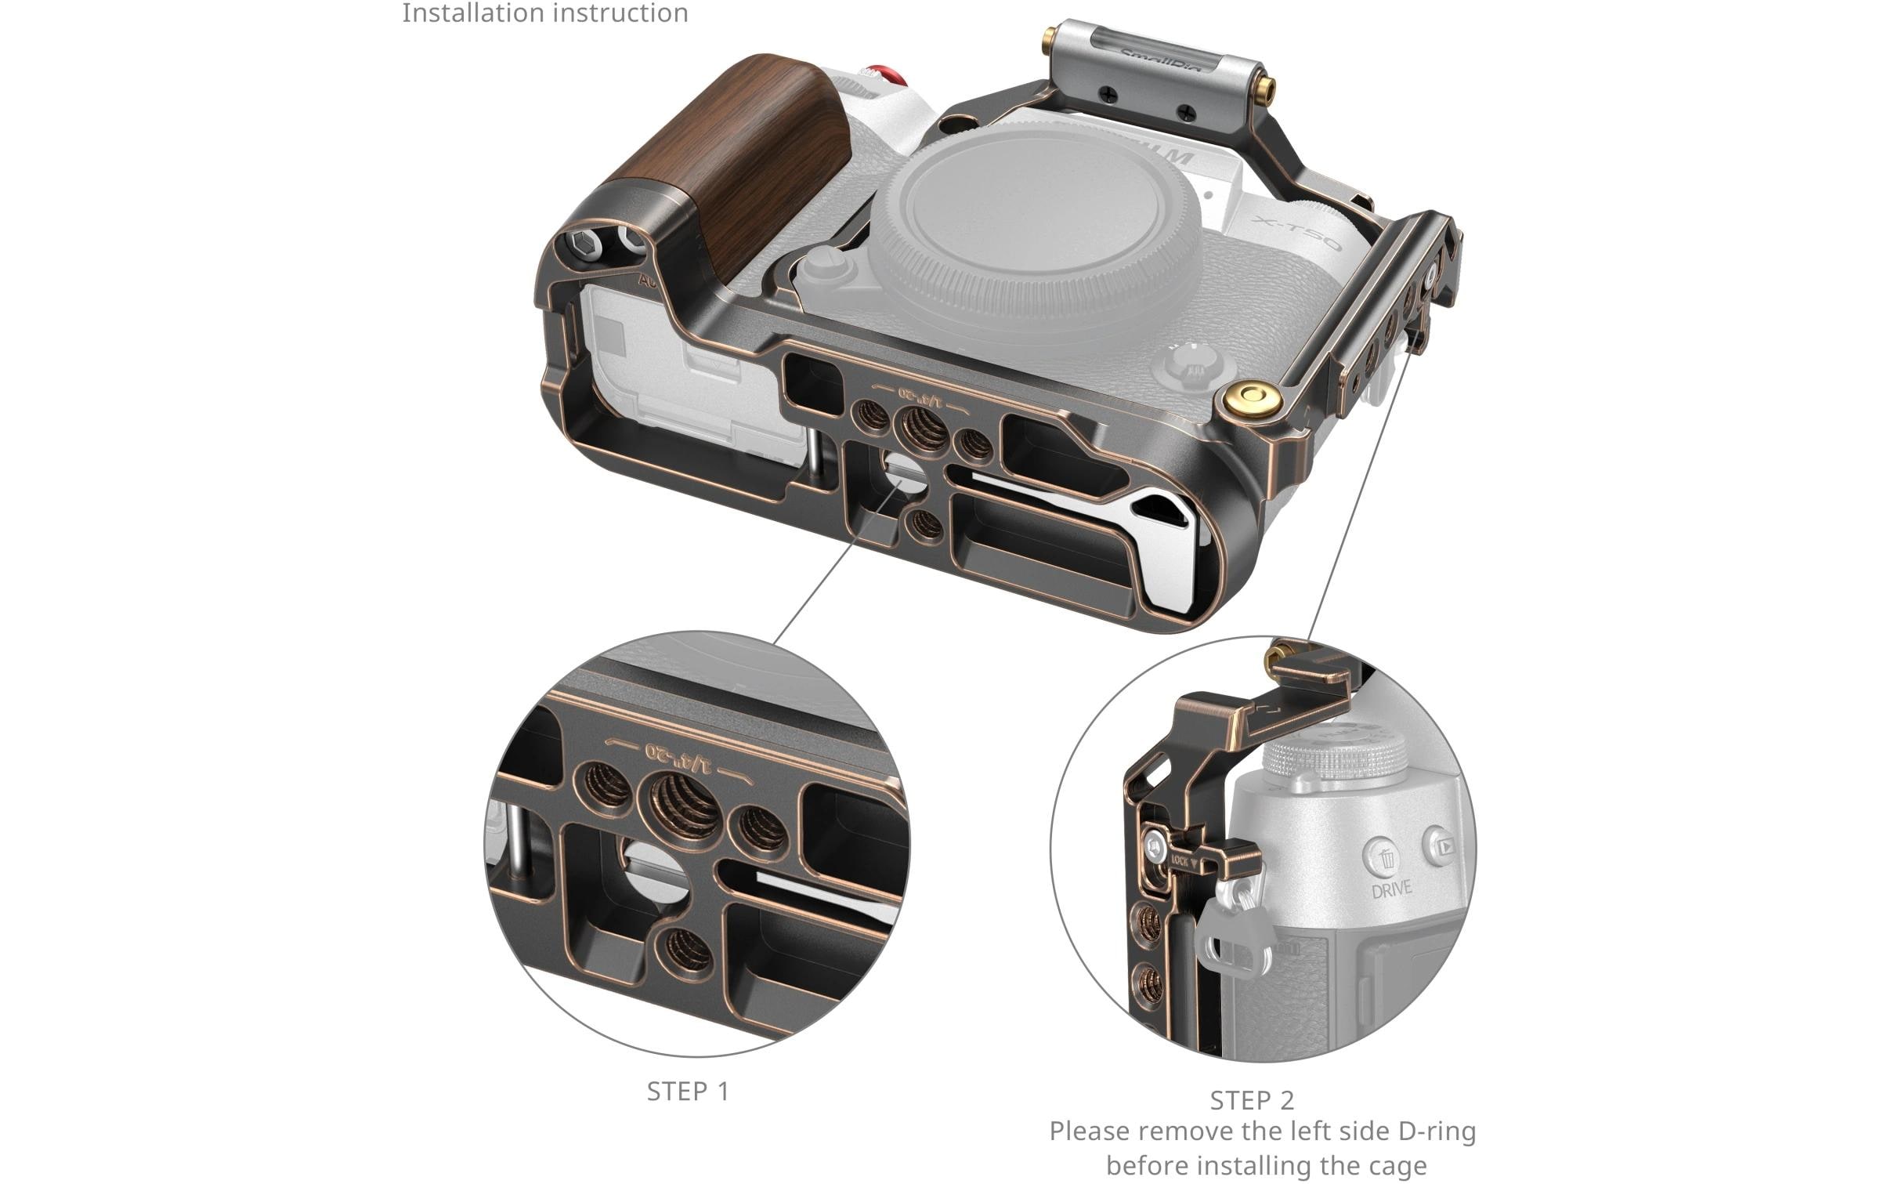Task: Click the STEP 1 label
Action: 687,1091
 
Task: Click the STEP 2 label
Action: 1252,1100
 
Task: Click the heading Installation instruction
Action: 544,13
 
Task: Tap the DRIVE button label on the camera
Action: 1391,888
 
